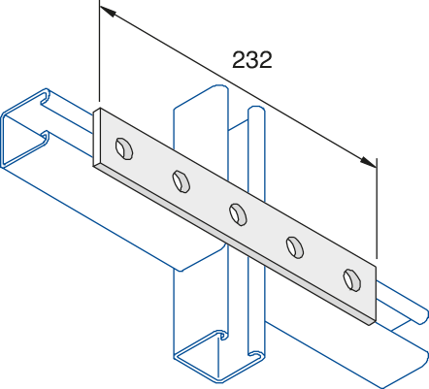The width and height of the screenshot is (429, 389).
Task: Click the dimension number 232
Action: click(252, 60)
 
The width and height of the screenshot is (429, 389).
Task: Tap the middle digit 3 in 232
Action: click(252, 60)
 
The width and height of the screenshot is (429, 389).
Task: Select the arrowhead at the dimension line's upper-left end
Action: click(108, 12)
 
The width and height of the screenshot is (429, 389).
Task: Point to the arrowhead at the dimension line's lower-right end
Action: click(368, 162)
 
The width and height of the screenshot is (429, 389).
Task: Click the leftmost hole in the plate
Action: click(124, 148)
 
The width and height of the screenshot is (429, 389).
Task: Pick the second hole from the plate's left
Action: click(181, 181)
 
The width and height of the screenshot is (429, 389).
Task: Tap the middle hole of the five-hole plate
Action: click(238, 214)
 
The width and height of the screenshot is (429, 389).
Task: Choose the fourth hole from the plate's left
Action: click(295, 247)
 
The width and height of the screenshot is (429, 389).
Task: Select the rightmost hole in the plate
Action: click(352, 280)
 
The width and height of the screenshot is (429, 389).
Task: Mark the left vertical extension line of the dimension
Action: click(100, 51)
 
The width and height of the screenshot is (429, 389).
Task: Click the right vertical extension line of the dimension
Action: click(377, 209)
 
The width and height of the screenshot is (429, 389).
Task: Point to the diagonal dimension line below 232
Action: click(238, 86)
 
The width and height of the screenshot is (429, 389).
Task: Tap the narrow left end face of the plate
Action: click(96, 138)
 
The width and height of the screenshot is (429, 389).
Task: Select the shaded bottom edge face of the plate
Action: click(235, 244)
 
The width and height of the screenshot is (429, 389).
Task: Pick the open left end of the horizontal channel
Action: click(25, 128)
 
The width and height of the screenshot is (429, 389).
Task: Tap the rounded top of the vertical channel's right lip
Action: click(256, 110)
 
